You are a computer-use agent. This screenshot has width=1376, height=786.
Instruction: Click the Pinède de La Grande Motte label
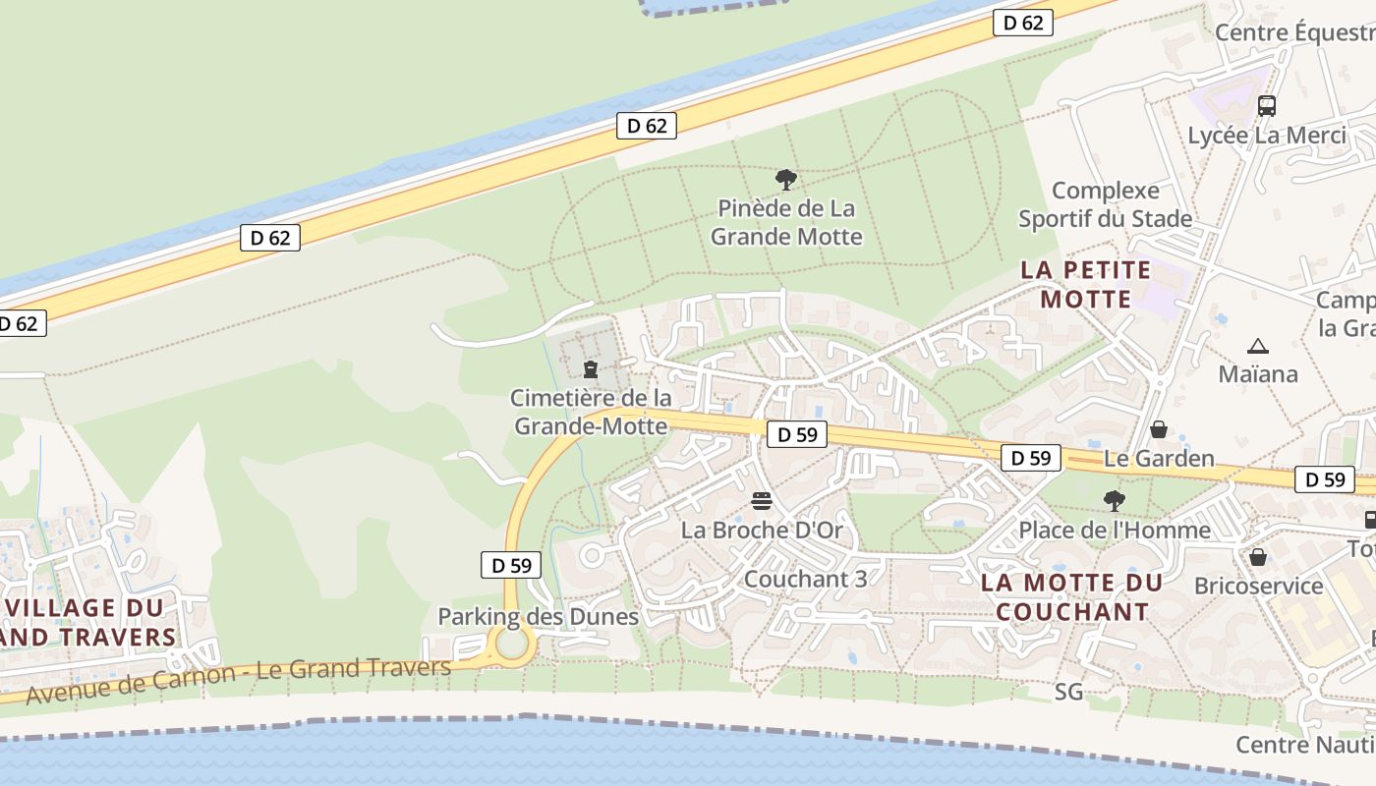pos(786,222)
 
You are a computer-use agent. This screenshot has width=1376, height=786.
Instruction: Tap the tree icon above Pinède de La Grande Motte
pos(785,180)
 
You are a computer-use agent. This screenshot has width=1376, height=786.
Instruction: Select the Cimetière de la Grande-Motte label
pos(592,412)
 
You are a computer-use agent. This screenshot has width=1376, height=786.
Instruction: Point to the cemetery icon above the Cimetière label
pos(591,368)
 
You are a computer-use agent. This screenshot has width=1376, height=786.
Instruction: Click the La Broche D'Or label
pos(762,531)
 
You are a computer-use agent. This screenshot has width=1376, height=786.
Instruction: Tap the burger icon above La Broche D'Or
pos(762,501)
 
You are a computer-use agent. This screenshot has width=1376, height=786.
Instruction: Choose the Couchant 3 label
pos(806,579)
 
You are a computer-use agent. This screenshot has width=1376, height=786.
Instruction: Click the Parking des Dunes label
pos(538,617)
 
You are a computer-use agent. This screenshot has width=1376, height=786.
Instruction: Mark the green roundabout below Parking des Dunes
pos(512,645)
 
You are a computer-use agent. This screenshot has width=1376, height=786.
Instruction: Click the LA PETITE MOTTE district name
pos(1085,284)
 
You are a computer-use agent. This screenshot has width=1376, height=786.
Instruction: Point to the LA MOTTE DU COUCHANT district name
pos(1071,596)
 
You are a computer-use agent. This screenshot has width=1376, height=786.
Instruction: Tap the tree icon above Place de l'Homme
pos(1114,501)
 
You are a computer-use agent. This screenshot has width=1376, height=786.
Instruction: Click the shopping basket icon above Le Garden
pos(1159,429)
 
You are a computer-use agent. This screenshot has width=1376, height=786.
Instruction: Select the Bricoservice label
pos(1258,587)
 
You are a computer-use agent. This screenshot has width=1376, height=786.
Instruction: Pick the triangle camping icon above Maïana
pos(1257,346)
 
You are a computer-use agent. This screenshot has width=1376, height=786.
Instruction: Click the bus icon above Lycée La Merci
pos(1267,105)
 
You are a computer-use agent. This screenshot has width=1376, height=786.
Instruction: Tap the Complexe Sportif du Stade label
pos(1106,204)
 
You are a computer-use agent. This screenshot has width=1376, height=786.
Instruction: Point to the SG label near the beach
pos(1068,693)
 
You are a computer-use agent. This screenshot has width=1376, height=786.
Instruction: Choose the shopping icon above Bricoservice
pos(1258,557)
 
